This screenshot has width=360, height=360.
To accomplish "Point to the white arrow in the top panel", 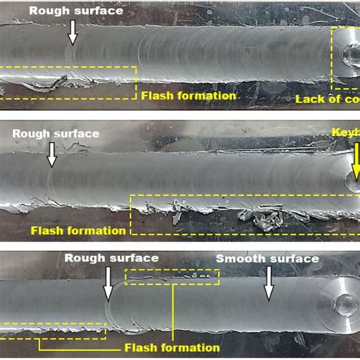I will click(x=72, y=30).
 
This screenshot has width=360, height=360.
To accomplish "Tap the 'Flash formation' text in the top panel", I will click(x=189, y=96).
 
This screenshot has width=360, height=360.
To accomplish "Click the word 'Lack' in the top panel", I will click(x=307, y=99).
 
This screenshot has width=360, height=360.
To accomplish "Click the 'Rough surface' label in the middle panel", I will click(x=55, y=134).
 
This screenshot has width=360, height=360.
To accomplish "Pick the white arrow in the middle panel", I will click(x=52, y=155).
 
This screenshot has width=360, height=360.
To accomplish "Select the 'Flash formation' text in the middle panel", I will click(x=78, y=230).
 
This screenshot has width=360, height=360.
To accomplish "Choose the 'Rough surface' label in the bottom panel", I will click(x=111, y=258).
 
